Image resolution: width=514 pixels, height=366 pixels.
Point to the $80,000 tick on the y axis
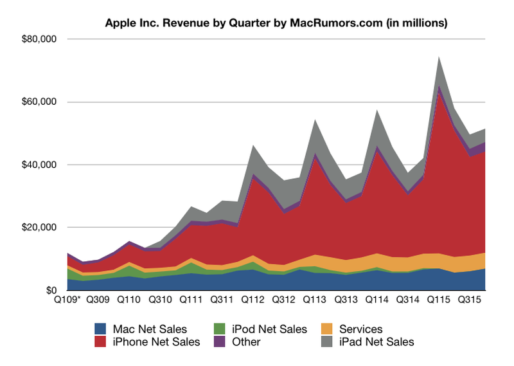[40, 39]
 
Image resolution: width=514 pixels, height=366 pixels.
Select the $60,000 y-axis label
[40, 102]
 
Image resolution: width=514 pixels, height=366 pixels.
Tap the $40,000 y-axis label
[40, 165]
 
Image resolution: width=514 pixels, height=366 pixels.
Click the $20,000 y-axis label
[40, 228]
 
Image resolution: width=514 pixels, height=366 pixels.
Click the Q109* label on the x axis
[67, 300]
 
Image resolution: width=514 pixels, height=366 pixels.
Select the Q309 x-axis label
[98, 300]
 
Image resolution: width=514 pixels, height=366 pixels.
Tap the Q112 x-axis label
[253, 300]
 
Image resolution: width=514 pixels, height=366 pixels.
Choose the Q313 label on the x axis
[346, 300]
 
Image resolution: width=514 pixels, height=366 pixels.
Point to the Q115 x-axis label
[439, 300]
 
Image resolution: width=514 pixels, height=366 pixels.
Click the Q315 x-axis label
[470, 300]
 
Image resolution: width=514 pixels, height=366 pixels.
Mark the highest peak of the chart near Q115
[439, 57]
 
